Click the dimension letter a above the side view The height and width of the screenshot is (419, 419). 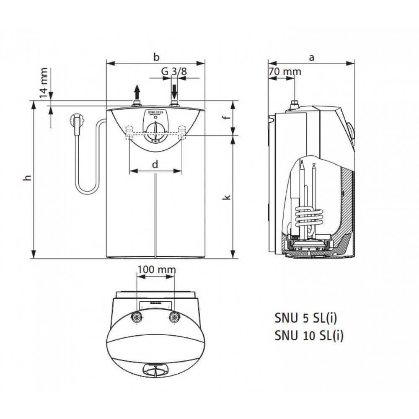pos(311,58)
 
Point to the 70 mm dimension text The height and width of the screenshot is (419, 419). pos(285,71)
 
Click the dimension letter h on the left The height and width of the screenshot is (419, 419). pos(27,178)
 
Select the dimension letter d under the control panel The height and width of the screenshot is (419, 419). pos(155,165)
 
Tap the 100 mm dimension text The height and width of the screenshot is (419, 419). pos(156,269)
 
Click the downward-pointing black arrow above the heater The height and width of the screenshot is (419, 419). pos(175,90)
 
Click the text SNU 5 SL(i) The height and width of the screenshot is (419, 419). pos(305,318)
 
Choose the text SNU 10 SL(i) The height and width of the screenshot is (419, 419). pos(309,336)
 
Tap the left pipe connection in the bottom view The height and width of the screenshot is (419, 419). pos(137,317)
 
